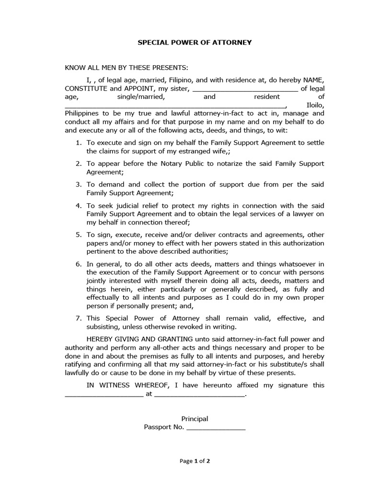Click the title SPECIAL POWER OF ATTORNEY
(x=195, y=42)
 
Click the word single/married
(x=140, y=96)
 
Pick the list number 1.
(x=79, y=143)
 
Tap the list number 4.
(x=79, y=205)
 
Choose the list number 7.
(x=79, y=318)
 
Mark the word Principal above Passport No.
(x=195, y=419)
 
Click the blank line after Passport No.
(x=216, y=427)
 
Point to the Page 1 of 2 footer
(x=195, y=461)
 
